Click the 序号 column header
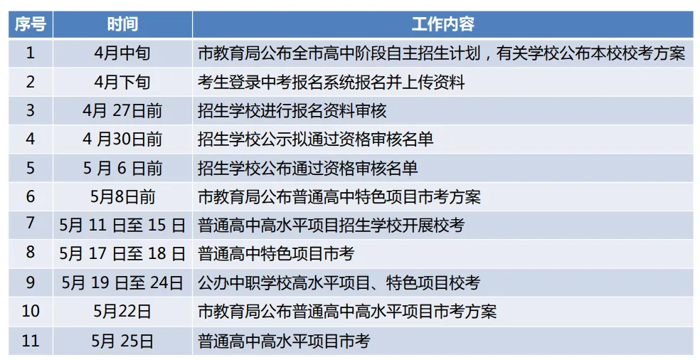(30, 24)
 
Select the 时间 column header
(122, 24)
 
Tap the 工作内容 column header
(442, 24)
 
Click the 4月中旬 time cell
(122, 53)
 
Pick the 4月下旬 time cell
(122, 82)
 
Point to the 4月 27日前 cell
(122, 110)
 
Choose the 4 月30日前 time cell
(122, 139)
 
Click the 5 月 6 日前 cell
(122, 168)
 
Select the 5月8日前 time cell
(122, 196)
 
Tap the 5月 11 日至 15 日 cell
(122, 226)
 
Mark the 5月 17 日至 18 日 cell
(122, 254)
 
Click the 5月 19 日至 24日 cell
(122, 282)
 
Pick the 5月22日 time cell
(122, 312)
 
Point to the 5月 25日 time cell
(122, 341)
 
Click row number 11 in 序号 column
(30, 341)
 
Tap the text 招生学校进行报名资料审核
(292, 110)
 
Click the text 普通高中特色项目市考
(276, 254)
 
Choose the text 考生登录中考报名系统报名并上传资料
(331, 82)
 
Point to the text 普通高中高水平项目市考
(284, 341)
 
